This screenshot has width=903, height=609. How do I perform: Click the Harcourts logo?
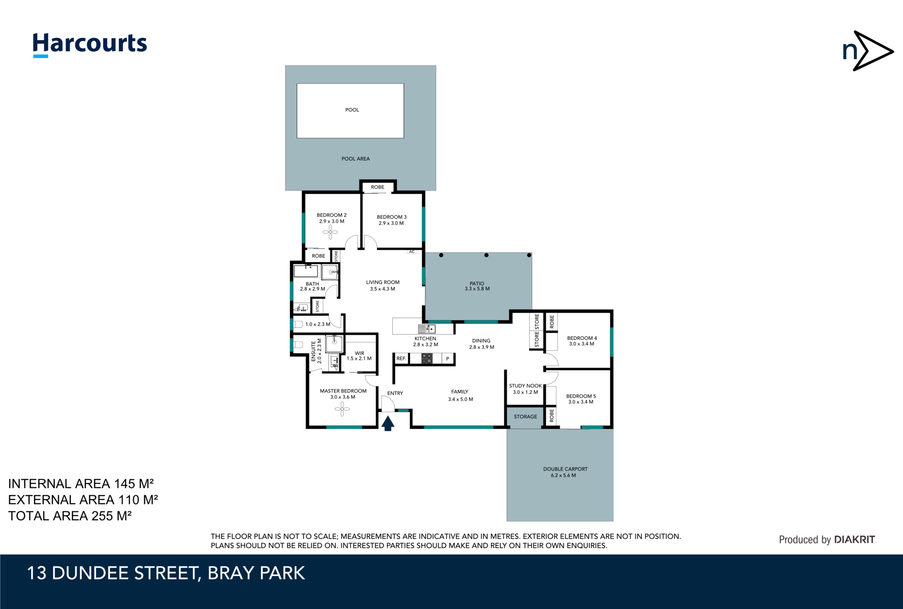(90, 45)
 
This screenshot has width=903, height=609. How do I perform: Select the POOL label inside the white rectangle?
(352, 110)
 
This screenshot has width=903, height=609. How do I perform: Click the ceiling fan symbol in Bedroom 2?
(330, 232)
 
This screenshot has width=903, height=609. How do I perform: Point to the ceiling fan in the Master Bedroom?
(342, 409)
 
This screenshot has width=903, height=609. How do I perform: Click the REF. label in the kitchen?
(401, 358)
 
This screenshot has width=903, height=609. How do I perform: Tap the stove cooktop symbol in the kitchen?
(427, 358)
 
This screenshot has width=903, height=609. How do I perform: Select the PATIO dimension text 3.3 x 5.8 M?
(477, 289)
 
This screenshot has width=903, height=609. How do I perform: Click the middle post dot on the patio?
(486, 255)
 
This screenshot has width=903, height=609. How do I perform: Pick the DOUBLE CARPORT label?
(565, 469)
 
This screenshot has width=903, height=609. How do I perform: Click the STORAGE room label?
(525, 417)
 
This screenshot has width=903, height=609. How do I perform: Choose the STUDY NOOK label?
(525, 386)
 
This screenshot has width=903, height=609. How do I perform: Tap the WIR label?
(359, 353)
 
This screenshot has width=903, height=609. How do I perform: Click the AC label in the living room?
(412, 252)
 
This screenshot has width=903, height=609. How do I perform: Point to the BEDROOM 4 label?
(582, 338)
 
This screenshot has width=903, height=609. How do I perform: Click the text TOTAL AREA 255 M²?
(70, 516)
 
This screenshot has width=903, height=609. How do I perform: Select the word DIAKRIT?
(854, 539)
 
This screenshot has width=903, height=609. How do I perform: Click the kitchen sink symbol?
(427, 329)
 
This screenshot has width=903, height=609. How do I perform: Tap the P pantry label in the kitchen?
(448, 359)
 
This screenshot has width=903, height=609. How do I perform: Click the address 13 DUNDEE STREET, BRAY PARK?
(166, 573)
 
